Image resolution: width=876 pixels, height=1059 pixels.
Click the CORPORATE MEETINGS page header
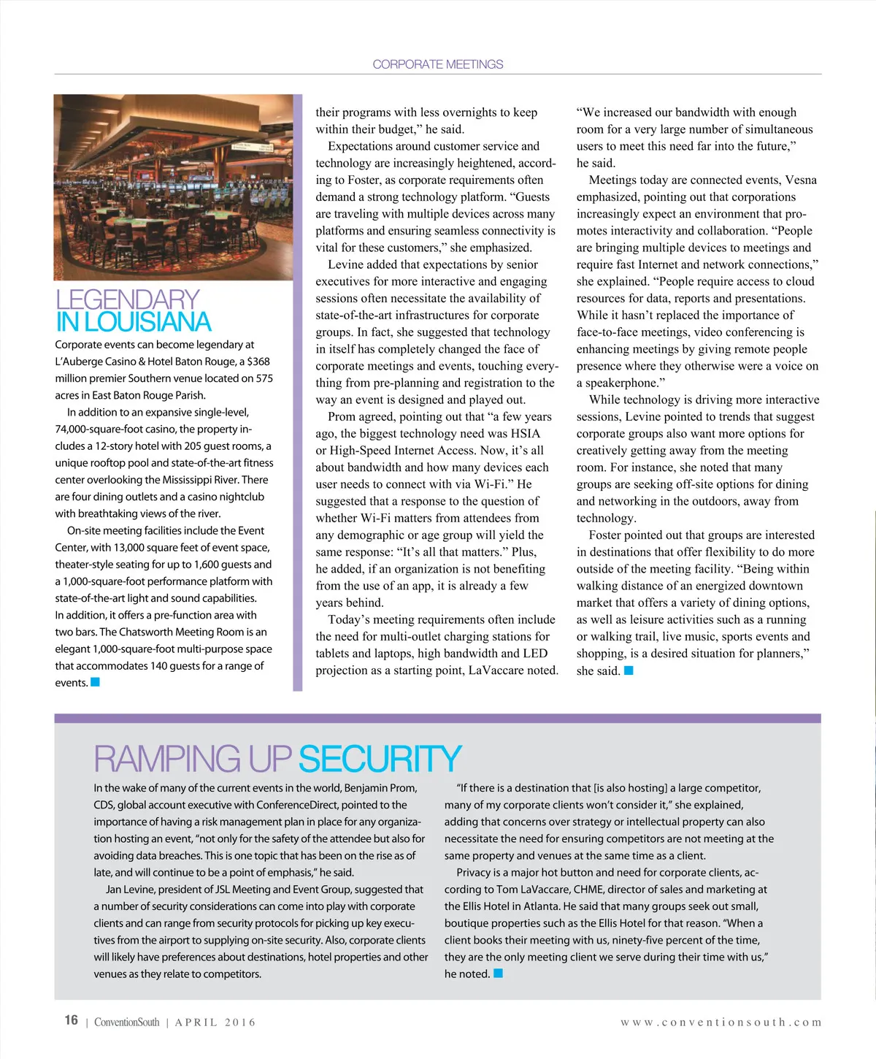tap(437, 64)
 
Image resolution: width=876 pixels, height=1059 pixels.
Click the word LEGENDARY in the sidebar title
tap(127, 300)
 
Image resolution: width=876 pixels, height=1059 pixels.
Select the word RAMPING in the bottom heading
tap(167, 759)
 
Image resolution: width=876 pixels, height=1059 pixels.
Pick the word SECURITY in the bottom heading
tap(380, 759)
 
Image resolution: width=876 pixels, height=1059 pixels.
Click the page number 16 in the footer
tap(71, 1020)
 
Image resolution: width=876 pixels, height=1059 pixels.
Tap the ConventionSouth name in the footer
tap(126, 1022)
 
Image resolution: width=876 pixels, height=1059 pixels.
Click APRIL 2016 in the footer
tap(215, 1022)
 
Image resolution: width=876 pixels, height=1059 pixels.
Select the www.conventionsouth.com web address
tap(721, 1022)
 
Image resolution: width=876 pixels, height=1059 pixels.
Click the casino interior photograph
tap(173, 187)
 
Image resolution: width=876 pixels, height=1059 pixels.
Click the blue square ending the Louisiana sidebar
tap(95, 682)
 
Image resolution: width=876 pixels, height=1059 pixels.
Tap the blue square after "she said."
tap(629, 670)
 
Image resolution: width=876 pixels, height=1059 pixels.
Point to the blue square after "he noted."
tap(498, 973)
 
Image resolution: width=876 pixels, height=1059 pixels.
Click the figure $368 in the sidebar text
tap(258, 362)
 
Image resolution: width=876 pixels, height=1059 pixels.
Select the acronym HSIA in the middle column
tap(526, 433)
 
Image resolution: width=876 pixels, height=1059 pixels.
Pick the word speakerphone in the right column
tap(626, 383)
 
